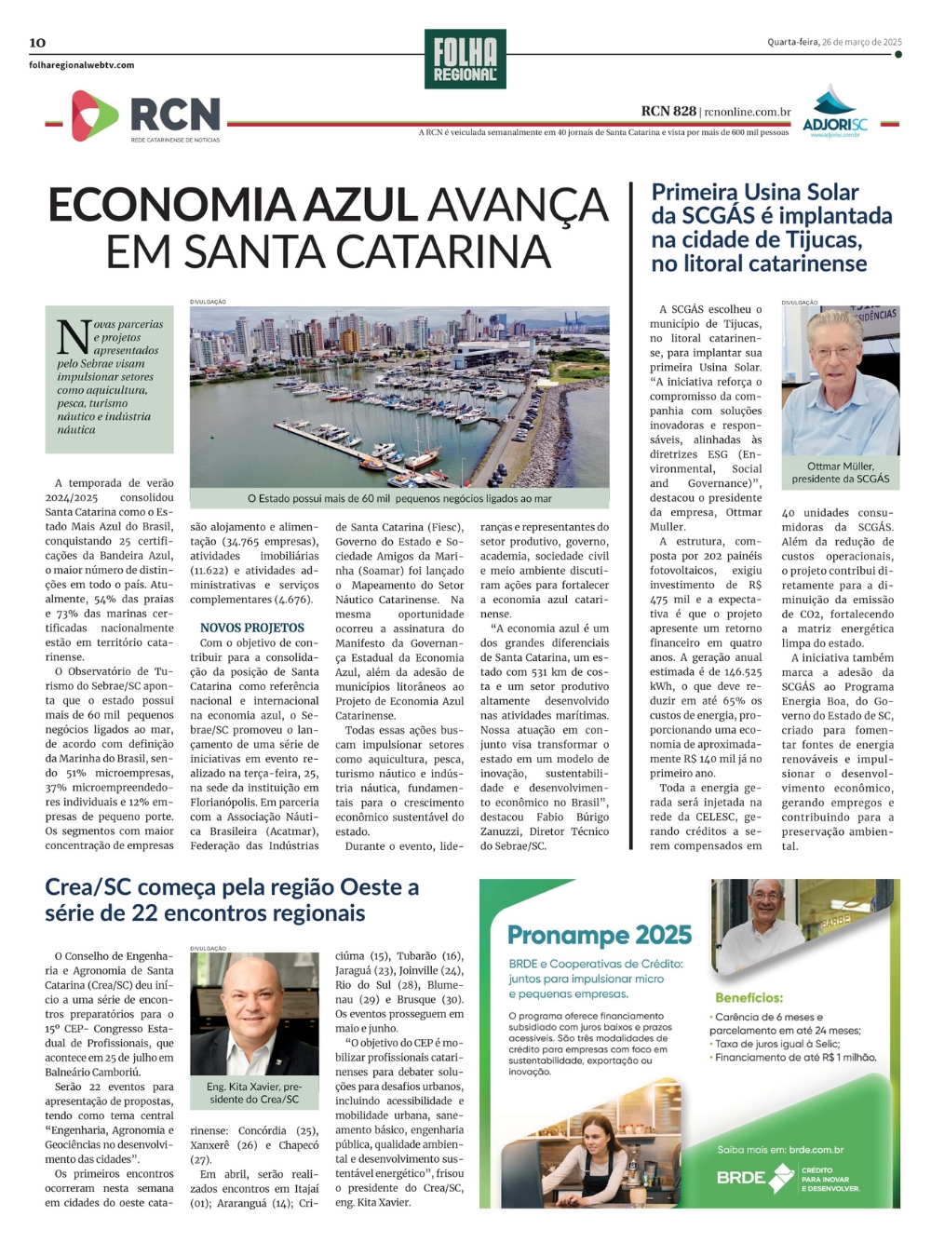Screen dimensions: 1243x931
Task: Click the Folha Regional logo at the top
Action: tap(465, 59)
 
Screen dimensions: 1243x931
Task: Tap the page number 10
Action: tap(37, 43)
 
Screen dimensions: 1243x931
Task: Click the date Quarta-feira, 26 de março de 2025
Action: tap(834, 42)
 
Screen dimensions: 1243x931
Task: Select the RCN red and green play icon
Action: tap(93, 115)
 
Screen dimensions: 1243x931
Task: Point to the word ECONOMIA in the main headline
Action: tap(233, 206)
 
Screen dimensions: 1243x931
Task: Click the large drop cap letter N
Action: tap(74, 337)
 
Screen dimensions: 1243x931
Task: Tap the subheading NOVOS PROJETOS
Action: tap(252, 628)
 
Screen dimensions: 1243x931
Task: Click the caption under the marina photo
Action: tap(399, 499)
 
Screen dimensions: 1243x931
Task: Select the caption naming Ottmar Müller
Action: tap(840, 472)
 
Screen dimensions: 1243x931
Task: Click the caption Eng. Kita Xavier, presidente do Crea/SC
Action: tap(254, 1092)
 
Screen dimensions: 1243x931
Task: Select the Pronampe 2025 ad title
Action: tap(600, 935)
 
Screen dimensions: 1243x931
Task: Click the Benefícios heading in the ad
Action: tap(749, 997)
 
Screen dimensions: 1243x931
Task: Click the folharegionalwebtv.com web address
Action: tap(82, 65)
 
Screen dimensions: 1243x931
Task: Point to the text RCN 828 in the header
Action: tap(668, 112)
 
